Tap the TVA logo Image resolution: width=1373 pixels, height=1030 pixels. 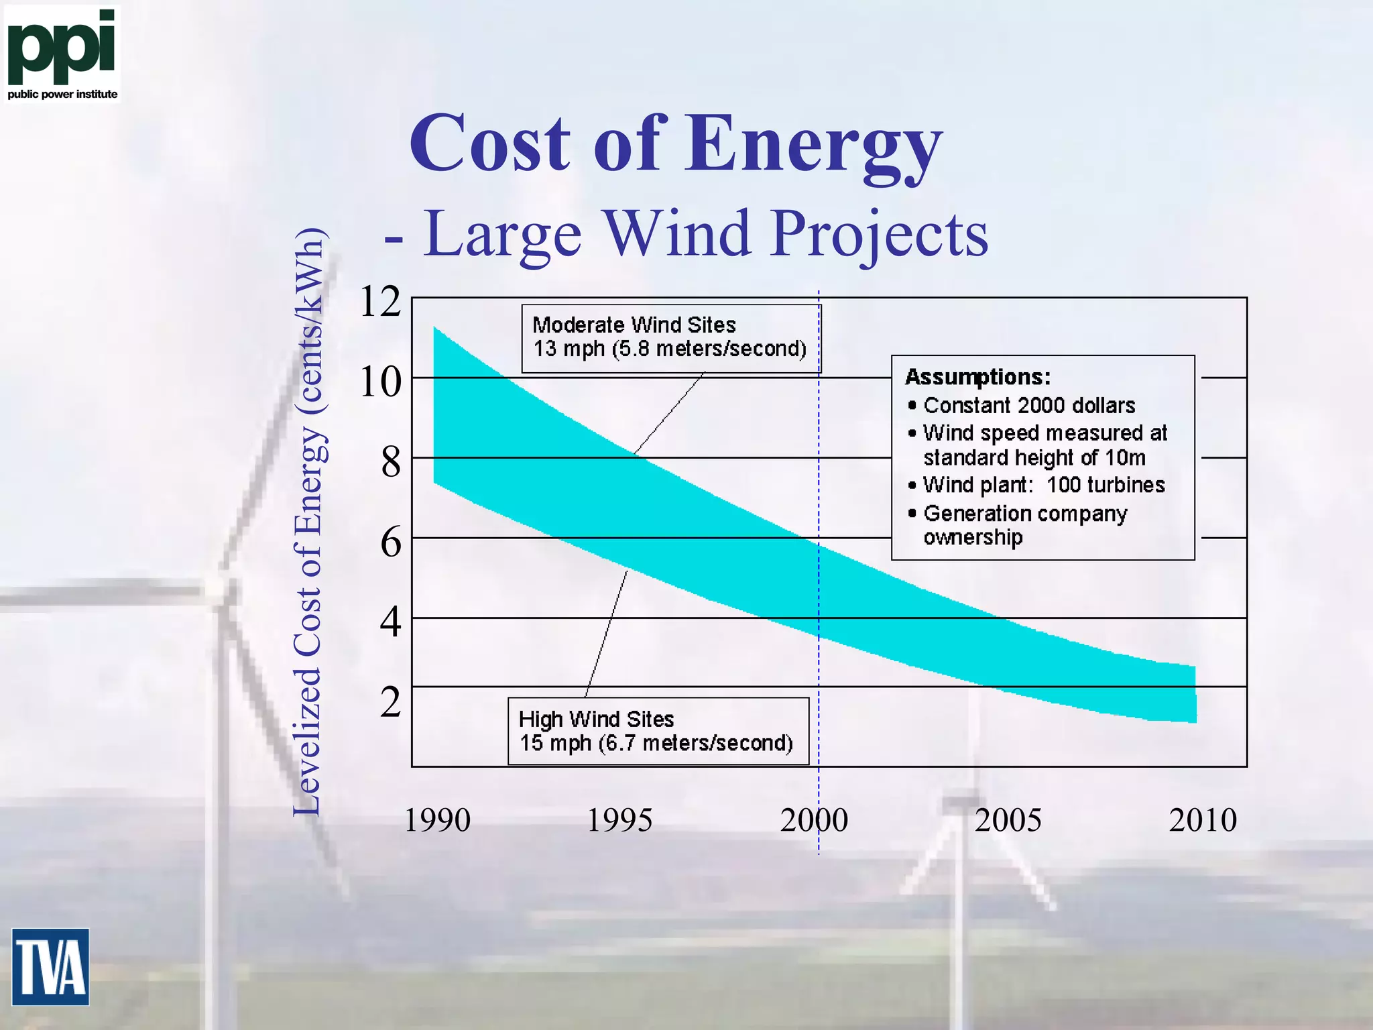(50, 966)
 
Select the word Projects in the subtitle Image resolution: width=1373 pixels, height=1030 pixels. (879, 234)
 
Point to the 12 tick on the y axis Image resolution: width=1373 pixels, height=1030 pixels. (380, 301)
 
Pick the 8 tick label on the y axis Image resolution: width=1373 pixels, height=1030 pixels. (390, 462)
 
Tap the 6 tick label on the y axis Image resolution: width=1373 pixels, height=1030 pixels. (390, 542)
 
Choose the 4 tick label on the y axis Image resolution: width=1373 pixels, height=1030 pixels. (390, 622)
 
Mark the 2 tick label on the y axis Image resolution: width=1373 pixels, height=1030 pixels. (390, 702)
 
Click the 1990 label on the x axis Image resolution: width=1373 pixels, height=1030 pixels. (437, 820)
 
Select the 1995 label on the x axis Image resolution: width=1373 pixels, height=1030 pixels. (619, 820)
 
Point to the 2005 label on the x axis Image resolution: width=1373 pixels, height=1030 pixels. (1008, 820)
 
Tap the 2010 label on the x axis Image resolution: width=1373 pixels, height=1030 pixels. (1203, 820)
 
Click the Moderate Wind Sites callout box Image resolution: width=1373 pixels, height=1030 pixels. (670, 338)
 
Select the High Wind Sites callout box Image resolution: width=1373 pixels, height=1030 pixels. (658, 731)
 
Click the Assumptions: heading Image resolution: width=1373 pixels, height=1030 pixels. (977, 377)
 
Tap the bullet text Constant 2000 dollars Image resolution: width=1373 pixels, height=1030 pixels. (1029, 405)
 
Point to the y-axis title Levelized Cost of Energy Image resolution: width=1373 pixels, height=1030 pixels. (308, 523)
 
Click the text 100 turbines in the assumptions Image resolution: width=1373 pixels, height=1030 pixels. (1106, 485)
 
